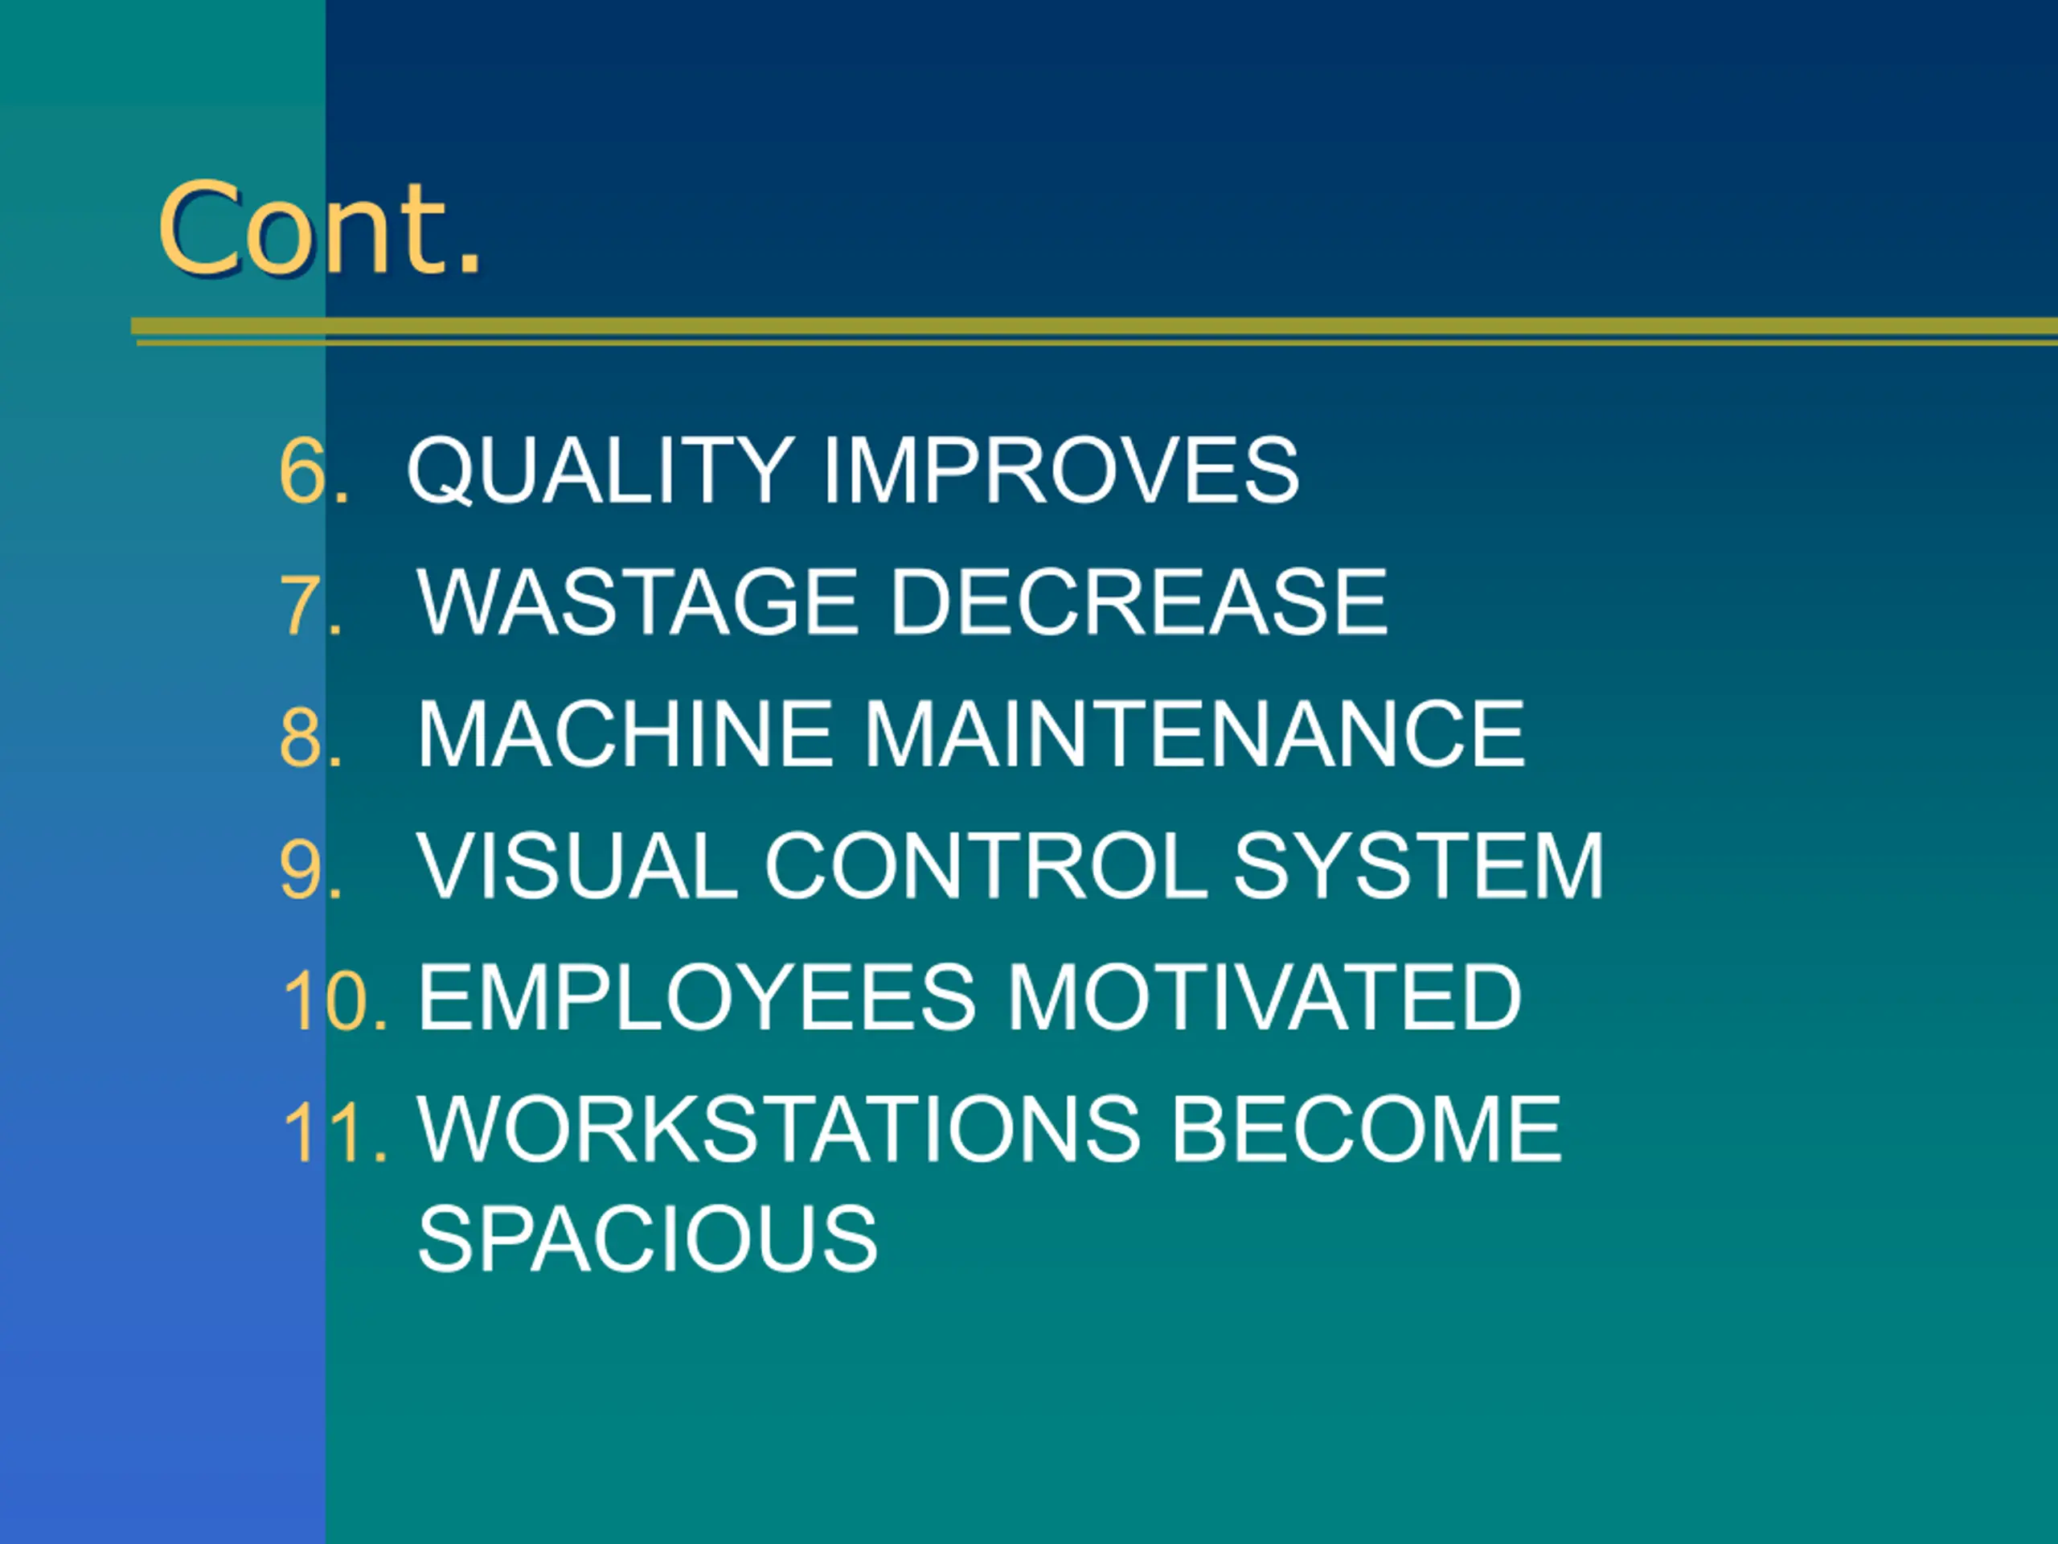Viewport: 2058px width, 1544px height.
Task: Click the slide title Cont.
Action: tap(320, 228)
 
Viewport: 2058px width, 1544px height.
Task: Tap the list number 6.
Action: tap(314, 471)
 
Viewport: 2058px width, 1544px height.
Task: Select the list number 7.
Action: tap(312, 605)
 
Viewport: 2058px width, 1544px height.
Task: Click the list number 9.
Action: tap(312, 869)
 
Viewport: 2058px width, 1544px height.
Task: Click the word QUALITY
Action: tap(600, 471)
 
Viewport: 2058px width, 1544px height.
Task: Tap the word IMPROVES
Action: tap(1060, 471)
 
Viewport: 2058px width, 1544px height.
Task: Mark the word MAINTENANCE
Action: tap(1195, 735)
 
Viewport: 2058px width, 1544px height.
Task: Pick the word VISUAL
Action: tap(577, 868)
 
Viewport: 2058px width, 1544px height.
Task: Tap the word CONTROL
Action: tap(986, 868)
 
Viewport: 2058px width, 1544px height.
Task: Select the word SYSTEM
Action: tap(1418, 868)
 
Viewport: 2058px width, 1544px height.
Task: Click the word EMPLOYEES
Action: tap(697, 1000)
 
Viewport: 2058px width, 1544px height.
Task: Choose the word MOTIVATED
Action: tap(1265, 1000)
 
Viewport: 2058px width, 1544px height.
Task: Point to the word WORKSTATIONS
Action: tap(779, 1131)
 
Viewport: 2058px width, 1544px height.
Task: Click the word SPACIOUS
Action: tap(647, 1240)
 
